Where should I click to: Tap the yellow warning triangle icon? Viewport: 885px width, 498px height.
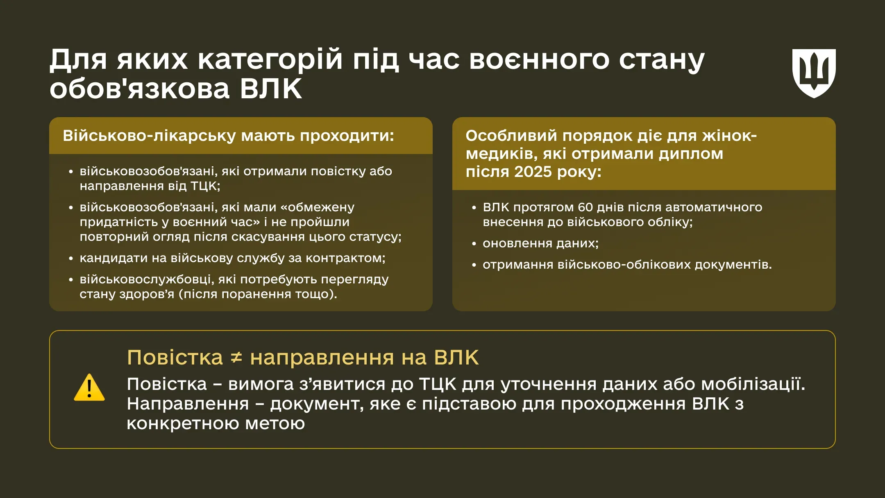89,387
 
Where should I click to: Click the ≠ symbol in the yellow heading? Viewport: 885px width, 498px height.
236,358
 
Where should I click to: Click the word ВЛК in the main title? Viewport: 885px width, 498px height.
271,88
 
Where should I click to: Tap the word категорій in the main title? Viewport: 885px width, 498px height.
270,59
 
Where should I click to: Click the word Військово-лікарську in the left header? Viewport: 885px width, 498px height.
149,136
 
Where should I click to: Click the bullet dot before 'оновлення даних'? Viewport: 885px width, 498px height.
474,244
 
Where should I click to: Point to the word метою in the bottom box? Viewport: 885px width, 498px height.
275,423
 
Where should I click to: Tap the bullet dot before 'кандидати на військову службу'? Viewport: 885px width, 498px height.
71,259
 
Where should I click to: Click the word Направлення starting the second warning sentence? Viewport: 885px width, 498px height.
188,404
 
